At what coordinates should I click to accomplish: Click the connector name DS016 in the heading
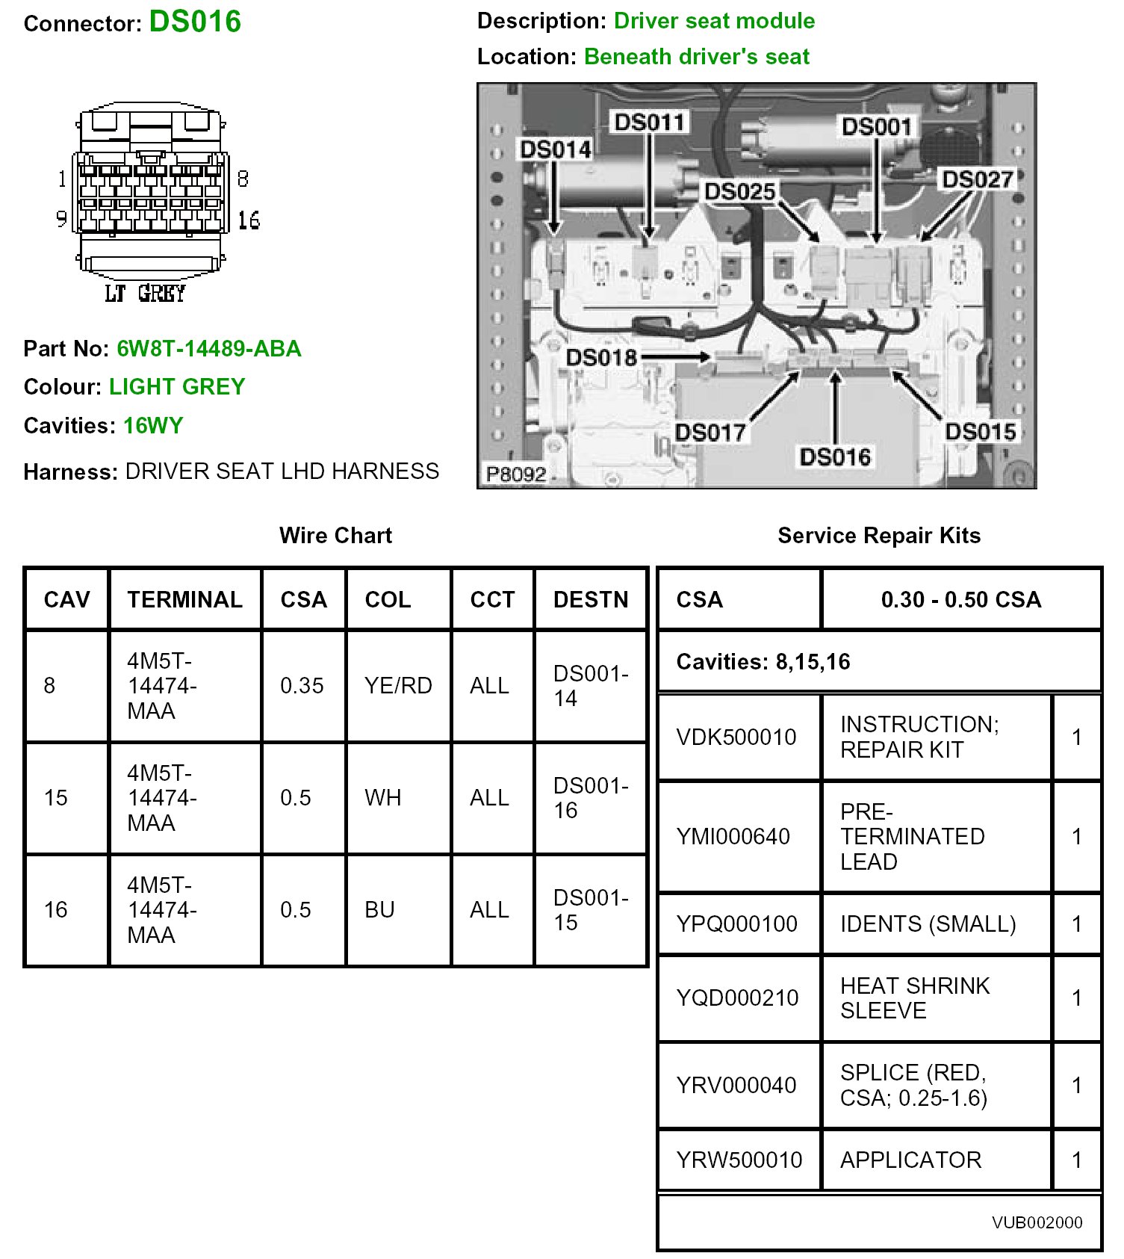[195, 22]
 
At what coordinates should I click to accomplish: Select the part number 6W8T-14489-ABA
[208, 349]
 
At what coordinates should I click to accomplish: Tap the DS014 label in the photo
[555, 150]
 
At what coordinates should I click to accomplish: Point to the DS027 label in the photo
[977, 179]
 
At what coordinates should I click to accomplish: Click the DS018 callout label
[600, 357]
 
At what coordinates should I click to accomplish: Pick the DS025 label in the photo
[739, 191]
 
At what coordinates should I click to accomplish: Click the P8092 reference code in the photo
[516, 474]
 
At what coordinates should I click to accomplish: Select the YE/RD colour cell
[398, 685]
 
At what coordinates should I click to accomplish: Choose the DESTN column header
[590, 599]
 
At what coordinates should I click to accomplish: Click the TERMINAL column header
[184, 599]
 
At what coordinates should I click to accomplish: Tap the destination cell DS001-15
[590, 909]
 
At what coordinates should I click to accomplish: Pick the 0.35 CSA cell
[302, 685]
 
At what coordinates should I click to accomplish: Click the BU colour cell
[379, 909]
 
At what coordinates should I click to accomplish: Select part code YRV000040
[736, 1085]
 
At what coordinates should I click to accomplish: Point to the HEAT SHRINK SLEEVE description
[914, 997]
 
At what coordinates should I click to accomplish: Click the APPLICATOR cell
[910, 1160]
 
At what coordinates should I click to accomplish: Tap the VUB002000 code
[1037, 1222]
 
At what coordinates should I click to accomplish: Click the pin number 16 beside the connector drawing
[249, 220]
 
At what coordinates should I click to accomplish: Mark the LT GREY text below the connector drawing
[145, 294]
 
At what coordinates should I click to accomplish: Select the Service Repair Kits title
[878, 535]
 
